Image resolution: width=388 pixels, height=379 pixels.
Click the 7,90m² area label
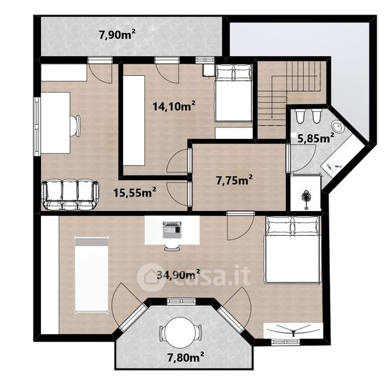117,35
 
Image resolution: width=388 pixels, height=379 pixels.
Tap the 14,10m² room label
174,106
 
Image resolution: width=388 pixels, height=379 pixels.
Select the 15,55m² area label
134,192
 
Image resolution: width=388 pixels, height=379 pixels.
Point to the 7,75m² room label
234,180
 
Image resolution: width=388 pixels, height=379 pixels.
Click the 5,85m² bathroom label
315,138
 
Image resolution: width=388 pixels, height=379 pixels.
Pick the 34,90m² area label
179,275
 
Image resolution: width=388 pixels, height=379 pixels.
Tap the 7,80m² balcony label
186,357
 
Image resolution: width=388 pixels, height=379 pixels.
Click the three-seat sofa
70,195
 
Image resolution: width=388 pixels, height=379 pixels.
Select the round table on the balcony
180,332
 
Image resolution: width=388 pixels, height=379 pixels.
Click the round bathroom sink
337,127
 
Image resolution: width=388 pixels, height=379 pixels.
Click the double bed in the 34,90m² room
293,250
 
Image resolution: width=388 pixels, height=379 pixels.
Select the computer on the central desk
172,230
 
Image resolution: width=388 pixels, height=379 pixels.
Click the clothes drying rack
293,330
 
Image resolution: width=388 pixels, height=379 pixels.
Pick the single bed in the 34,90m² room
91,275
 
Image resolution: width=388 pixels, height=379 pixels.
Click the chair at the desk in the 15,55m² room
75,126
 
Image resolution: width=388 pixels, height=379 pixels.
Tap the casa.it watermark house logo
150,277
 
